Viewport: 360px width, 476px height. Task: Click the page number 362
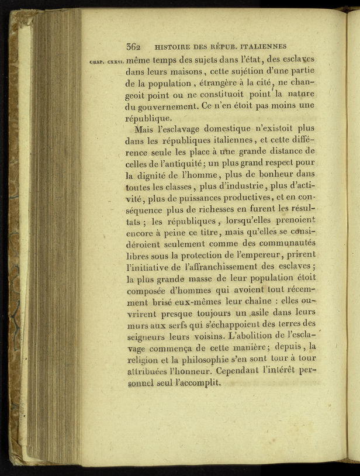click(x=134, y=47)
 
